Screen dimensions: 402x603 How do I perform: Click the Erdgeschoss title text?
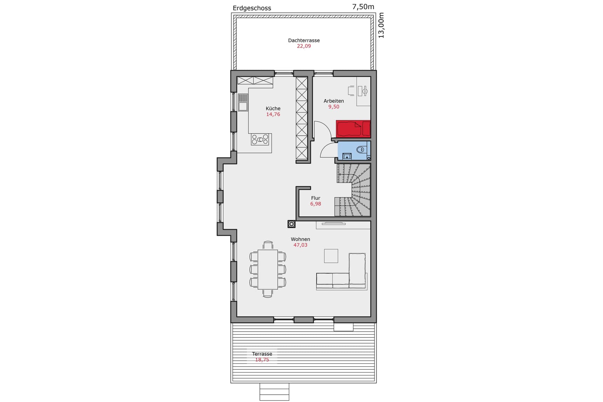point(252,8)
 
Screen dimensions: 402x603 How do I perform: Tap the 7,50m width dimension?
point(363,7)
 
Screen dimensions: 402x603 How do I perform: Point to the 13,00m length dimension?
point(381,25)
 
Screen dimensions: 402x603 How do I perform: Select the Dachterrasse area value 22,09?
point(304,46)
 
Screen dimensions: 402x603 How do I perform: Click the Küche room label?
point(273,108)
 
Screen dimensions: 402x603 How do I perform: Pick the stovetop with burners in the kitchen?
point(260,139)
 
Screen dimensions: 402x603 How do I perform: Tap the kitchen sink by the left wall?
point(243,102)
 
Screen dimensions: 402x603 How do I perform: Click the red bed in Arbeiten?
point(353,129)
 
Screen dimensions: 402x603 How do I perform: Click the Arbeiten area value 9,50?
point(333,107)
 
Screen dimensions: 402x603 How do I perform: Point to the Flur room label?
point(315,198)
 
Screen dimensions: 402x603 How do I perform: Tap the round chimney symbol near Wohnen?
point(291,224)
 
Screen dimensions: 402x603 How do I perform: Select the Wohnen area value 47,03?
point(300,245)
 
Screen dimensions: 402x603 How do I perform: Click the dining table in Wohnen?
point(267,269)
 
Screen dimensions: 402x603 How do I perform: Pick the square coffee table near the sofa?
point(331,256)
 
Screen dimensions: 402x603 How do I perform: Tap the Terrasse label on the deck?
point(262,354)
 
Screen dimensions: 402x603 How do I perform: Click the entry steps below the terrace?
point(274,391)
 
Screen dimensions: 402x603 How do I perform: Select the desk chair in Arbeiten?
point(351,91)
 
